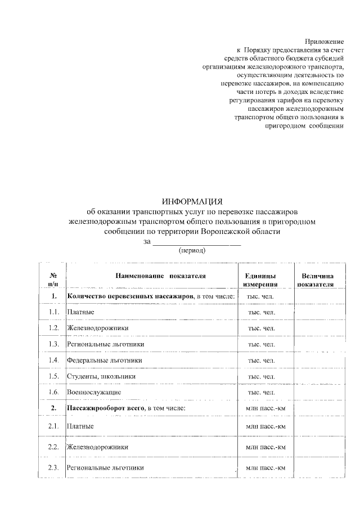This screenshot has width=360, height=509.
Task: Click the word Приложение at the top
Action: pyautogui.click(x=324, y=42)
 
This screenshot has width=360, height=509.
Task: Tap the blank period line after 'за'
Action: pyautogui.click(x=196, y=241)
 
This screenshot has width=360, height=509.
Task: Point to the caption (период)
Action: pyautogui.click(x=192, y=250)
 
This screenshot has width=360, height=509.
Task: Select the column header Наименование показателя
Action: pyautogui.click(x=161, y=276)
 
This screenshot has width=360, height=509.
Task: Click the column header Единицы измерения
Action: pyautogui.click(x=260, y=280)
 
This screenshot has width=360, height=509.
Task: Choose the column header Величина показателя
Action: pyautogui.click(x=317, y=280)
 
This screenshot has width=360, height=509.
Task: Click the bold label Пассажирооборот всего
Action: pyautogui.click(x=105, y=407)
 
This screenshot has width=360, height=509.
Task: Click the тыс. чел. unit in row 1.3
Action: pyautogui.click(x=261, y=344)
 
